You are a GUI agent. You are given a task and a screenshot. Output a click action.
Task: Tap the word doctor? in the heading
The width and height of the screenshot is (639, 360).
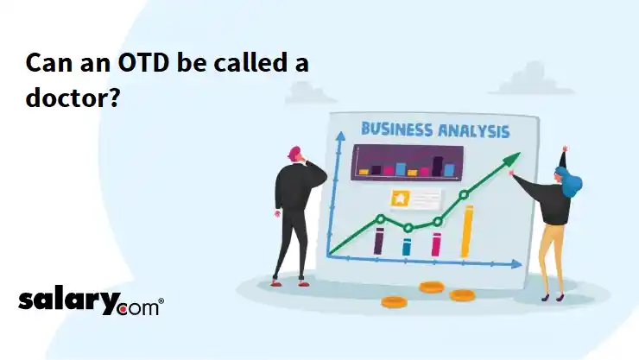click(x=73, y=98)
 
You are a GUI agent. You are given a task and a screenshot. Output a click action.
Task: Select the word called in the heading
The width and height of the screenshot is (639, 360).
click(x=250, y=63)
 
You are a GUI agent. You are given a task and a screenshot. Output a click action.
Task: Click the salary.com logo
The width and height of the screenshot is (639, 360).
click(x=91, y=301)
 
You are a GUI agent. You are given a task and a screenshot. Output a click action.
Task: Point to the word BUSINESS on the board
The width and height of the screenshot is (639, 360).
click(x=397, y=129)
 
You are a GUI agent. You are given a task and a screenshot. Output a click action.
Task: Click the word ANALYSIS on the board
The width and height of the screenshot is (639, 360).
click(x=473, y=131)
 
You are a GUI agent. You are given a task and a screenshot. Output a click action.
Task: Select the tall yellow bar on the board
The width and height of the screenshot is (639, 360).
click(x=466, y=231)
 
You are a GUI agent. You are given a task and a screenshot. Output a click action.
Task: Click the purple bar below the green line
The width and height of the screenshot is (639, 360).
click(x=379, y=241)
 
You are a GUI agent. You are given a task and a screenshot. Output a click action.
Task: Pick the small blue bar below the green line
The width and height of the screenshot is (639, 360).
click(x=407, y=247)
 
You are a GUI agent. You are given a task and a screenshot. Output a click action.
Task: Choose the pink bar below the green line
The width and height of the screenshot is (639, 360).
click(x=436, y=244)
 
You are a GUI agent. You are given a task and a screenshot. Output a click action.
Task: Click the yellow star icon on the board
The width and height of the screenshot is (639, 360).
click(x=400, y=199)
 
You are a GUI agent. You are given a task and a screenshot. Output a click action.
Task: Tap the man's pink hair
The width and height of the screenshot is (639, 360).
click(x=294, y=152)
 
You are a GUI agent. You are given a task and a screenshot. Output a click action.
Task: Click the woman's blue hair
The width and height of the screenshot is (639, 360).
click(x=571, y=181)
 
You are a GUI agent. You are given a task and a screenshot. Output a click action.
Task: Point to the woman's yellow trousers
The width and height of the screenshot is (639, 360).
click(x=552, y=256)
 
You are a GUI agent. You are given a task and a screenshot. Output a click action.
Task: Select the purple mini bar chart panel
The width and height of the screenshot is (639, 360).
click(x=407, y=162)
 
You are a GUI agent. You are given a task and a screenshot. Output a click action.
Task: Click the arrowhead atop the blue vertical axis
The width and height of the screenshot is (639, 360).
click(x=340, y=136)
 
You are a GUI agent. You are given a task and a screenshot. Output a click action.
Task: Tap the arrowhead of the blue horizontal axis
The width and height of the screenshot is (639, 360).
click(x=517, y=264)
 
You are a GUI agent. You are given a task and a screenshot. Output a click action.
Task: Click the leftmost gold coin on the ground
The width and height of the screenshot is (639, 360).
click(x=394, y=302)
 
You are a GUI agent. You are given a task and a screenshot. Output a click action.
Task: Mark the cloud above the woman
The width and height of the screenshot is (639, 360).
click(x=531, y=79)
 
